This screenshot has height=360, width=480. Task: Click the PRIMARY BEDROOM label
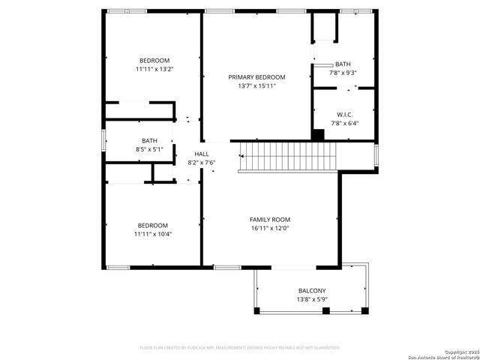pos(257,77)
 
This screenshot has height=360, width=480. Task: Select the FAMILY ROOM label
pos(269,219)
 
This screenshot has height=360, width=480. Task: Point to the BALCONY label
pos(312,291)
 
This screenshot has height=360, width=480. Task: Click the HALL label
pos(202,154)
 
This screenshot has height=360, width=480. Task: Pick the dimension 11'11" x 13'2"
pos(154,69)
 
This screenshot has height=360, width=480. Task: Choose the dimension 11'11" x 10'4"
pos(152,234)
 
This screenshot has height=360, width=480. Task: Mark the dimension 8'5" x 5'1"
pos(149,149)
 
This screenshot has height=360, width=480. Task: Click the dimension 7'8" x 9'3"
pos(343,73)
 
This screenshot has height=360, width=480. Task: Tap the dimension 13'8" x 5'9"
pos(312,299)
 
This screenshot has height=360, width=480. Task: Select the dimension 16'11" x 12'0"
pos(269,228)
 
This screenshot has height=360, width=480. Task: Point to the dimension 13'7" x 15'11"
pos(257,85)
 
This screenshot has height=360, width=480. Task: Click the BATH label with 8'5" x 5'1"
pos(149,141)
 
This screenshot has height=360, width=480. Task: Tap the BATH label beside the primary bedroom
pos(343,64)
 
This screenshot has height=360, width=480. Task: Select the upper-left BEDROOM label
pos(154,61)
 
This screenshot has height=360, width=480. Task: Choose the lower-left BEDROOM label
pos(152,226)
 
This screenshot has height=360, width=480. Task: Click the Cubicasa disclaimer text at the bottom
pos(240,348)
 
